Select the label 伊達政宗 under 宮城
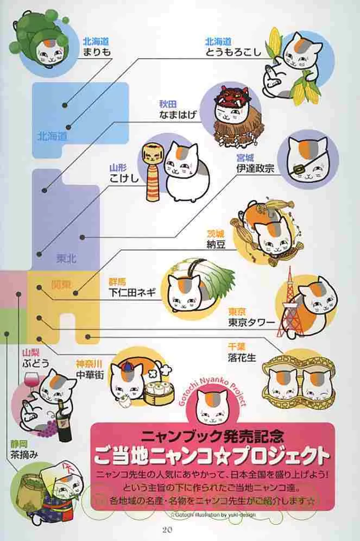pos(255,169)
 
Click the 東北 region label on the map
pos(67,259)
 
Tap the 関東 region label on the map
pos(61,284)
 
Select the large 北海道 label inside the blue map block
pos(52,136)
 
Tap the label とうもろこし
pos(233,52)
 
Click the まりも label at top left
pos(97,52)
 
